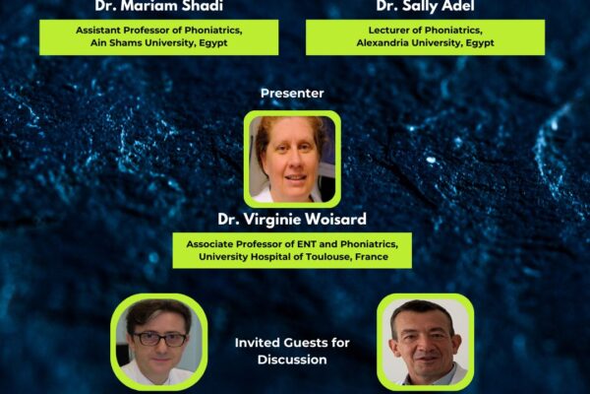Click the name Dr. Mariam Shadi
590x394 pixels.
pos(158,6)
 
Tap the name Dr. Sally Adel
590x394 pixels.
pos(425,6)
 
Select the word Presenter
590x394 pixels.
pos(292,94)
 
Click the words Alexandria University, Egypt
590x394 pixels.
pos(426,43)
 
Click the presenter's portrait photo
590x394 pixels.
pos(292,158)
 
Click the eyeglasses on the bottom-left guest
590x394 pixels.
pos(159,339)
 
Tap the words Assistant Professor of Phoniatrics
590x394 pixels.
pos(158,31)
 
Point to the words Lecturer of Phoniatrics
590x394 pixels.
pos(425,31)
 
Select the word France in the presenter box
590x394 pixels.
pos(368,257)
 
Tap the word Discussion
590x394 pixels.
pos(291,360)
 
